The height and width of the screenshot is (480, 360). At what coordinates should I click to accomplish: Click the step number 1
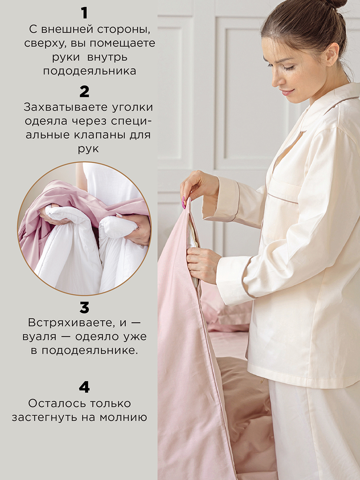point(84,13)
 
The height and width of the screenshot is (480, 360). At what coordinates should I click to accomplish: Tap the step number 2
point(84,92)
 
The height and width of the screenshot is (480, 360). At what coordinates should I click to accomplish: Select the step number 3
point(84,308)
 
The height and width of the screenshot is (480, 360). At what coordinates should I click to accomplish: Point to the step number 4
point(84,387)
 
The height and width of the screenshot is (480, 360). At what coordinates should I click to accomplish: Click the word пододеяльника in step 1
point(90,72)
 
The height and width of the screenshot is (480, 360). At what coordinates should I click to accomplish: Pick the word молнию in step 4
point(124,418)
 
